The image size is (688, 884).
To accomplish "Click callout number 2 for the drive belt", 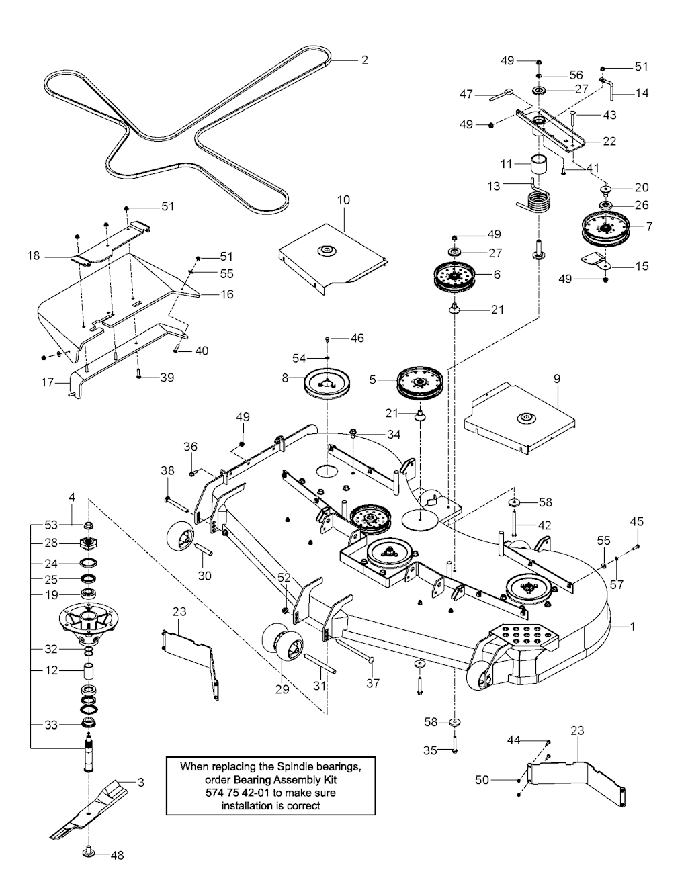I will tap(364, 60).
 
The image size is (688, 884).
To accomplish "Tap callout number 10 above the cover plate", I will tap(343, 200).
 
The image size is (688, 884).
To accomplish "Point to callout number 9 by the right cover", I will tap(556, 378).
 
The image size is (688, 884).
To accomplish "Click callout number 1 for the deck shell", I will tap(632, 626).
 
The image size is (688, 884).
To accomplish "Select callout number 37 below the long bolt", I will tap(373, 683).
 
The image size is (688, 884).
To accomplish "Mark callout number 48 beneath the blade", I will tap(117, 855).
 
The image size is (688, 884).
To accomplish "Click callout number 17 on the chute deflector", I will tap(47, 383).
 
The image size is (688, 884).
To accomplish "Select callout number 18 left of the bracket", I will tap(34, 256).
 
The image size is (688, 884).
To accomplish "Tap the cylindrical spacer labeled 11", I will tap(537, 164).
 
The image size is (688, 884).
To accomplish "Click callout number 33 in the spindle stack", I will tap(51, 725).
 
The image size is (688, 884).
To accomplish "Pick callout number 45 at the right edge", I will tap(636, 522).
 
